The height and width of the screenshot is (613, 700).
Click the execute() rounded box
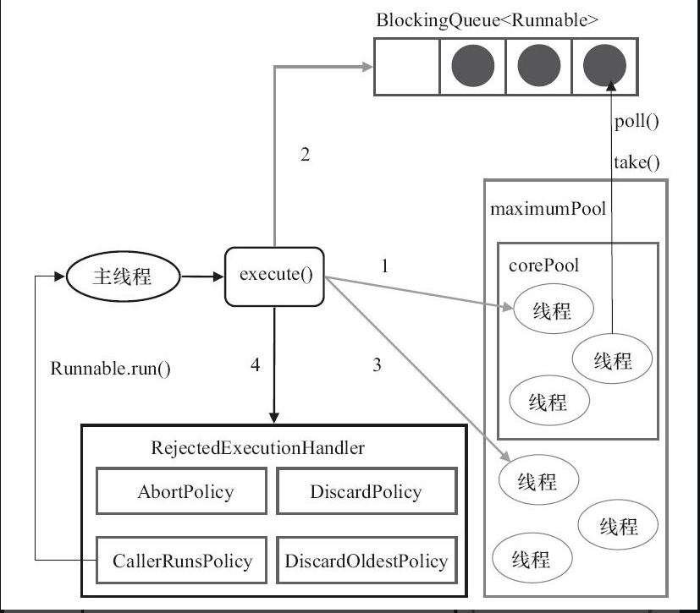(x=274, y=276)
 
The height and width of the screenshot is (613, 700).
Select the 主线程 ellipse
(x=120, y=276)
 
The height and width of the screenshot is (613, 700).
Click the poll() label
(x=637, y=121)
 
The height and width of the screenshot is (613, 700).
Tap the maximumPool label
(x=548, y=208)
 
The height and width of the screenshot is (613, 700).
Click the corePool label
(x=543, y=265)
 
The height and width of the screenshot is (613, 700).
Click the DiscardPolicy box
(x=365, y=492)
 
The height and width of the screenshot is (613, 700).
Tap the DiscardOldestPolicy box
(x=366, y=561)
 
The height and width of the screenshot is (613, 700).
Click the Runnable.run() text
(x=111, y=369)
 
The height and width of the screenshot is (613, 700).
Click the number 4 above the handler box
(x=256, y=365)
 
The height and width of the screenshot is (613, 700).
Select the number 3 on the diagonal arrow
(x=377, y=365)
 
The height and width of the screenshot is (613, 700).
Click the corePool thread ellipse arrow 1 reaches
(x=552, y=310)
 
